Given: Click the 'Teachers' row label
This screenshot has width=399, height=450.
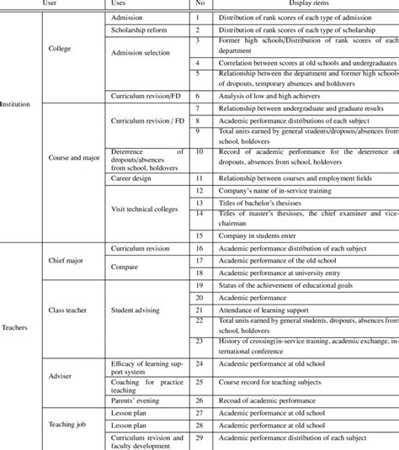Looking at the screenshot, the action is coord(16,350).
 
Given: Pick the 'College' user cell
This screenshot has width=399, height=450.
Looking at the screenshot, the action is coord(61,49).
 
